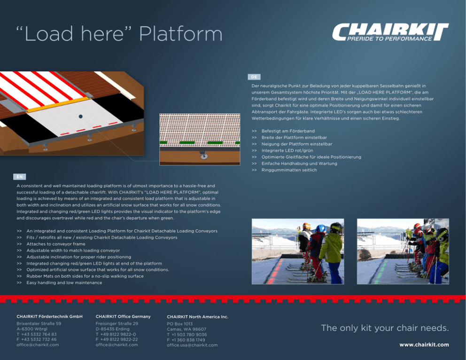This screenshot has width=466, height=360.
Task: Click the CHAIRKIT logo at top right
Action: (390, 32)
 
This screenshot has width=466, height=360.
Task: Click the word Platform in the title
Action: (181, 33)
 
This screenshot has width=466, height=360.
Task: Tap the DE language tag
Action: (254, 77)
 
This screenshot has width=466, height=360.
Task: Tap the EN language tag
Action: (20, 177)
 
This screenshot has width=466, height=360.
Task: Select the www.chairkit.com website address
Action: (424, 344)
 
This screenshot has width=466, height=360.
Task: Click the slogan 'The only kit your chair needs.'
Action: (385, 328)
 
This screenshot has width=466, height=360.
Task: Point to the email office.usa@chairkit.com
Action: (192, 345)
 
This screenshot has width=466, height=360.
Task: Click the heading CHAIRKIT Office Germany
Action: (123, 317)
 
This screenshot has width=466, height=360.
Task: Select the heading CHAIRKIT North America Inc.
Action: (197, 317)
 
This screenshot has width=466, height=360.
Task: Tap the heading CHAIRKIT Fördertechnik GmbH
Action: (50, 317)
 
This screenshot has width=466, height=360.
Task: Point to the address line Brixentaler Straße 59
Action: (39, 323)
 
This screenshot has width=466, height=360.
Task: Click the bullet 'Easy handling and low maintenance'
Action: (64, 283)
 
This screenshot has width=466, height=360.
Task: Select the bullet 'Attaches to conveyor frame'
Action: (56, 244)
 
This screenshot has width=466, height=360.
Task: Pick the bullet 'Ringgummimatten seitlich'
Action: (289, 170)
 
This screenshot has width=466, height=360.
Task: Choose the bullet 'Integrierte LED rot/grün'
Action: (287, 150)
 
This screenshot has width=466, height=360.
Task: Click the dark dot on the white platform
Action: (80, 116)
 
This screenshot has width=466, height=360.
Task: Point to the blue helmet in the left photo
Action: (320, 228)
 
